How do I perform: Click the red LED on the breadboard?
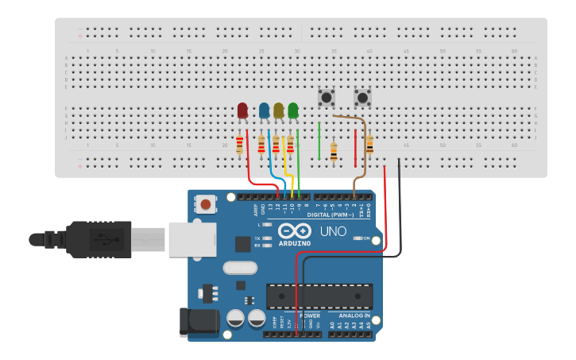point(242,110)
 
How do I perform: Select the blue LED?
point(264,110)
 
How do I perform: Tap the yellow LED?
point(278,110)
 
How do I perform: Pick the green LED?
point(293,110)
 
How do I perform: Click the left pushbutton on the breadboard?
point(326,98)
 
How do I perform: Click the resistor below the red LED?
point(239,145)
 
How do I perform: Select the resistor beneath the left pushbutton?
point(333,151)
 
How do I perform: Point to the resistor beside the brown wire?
point(369,145)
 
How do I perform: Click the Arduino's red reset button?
point(206,204)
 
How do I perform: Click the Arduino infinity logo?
point(295,231)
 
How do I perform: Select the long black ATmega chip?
point(319,296)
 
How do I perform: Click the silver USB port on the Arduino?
point(191,239)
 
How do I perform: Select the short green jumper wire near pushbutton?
point(319,141)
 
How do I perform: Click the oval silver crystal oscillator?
point(240,268)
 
